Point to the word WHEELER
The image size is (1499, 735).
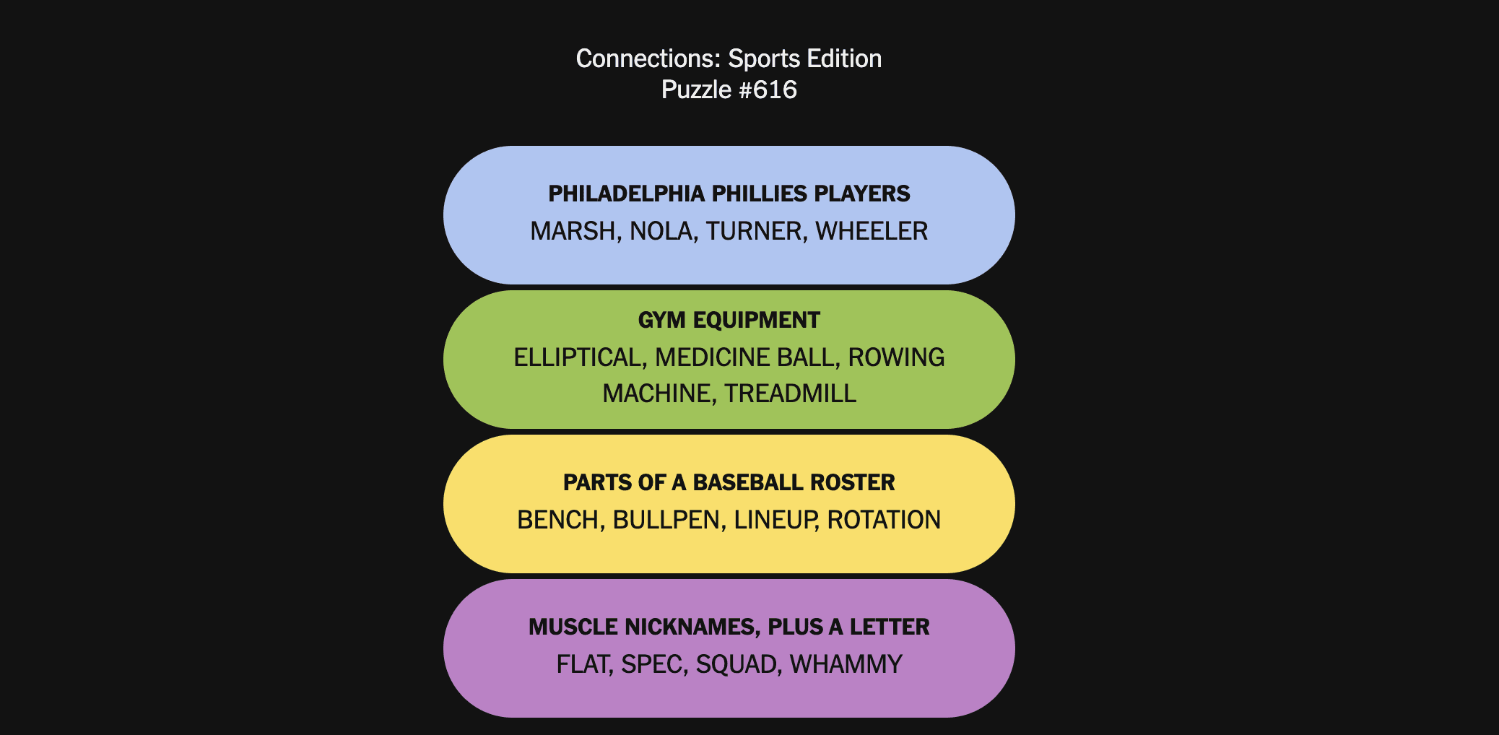pyautogui.click(x=872, y=231)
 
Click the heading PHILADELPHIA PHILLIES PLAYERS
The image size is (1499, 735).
pyautogui.click(x=729, y=193)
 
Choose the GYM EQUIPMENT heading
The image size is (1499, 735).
pyautogui.click(x=729, y=320)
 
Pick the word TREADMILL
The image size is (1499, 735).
pyautogui.click(x=790, y=393)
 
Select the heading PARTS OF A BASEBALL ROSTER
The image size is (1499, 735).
pyautogui.click(x=729, y=482)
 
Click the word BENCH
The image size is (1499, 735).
pyautogui.click(x=561, y=520)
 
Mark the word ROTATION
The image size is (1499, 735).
pyautogui.click(x=884, y=520)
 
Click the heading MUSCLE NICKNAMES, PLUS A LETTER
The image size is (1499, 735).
pyautogui.click(x=729, y=627)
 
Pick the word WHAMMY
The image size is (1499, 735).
pyautogui.click(x=846, y=664)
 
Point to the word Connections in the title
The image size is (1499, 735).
pyautogui.click(x=648, y=58)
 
